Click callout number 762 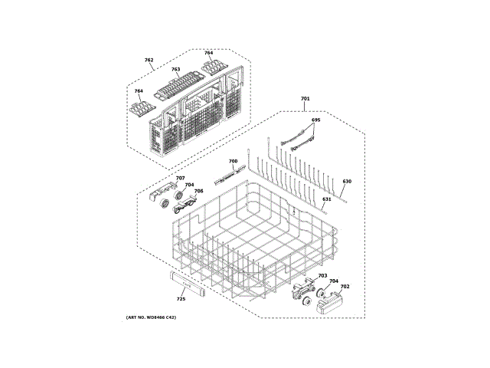click(x=149, y=60)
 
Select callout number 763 click(x=175, y=70)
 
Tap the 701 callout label click(x=305, y=100)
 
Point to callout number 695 click(x=315, y=120)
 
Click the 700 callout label click(x=233, y=162)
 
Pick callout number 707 click(x=180, y=179)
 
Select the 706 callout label click(x=198, y=191)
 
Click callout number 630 click(x=346, y=182)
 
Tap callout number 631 click(x=326, y=199)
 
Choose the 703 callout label click(x=322, y=275)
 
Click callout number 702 click(x=345, y=286)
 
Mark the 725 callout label click(x=181, y=298)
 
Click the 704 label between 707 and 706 click(x=189, y=185)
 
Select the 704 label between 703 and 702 click(x=334, y=281)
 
